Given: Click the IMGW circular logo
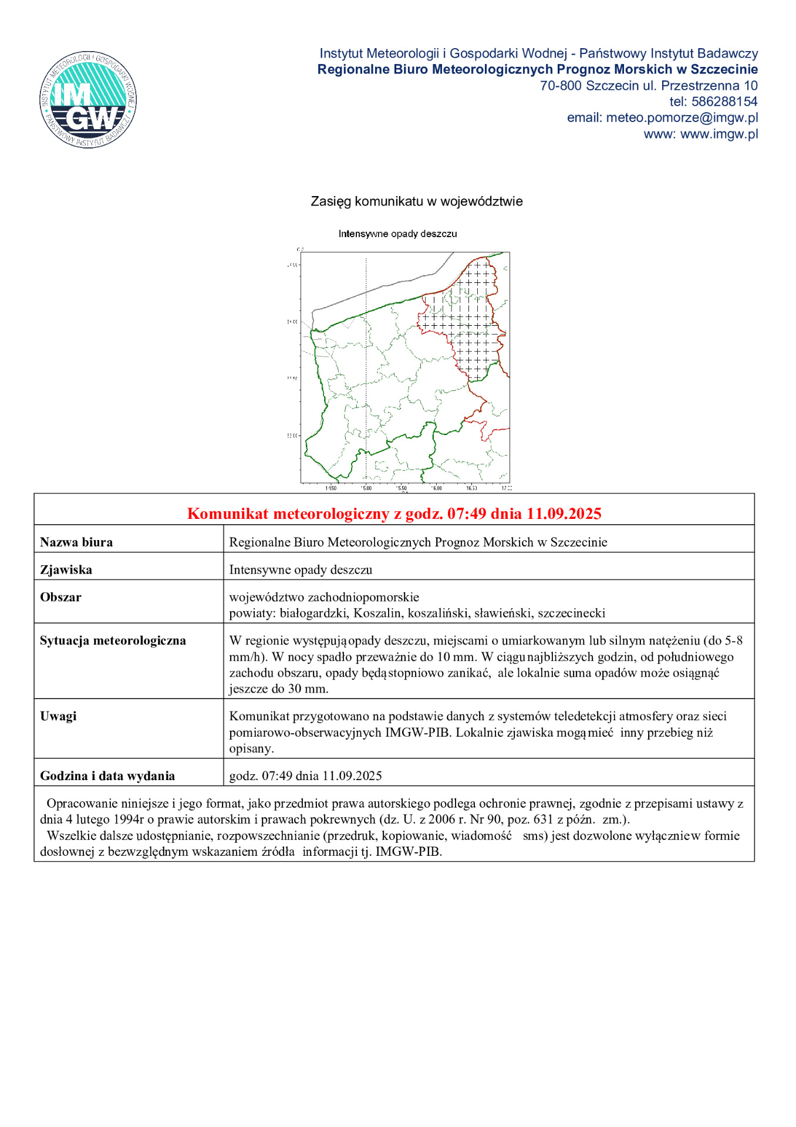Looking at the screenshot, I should click(88, 99).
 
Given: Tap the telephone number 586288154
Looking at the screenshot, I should click(724, 102).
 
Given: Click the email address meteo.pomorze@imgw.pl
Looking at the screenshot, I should click(682, 118).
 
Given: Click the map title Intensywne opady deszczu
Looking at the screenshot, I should click(397, 234).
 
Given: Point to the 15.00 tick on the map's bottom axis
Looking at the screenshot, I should click(366, 488).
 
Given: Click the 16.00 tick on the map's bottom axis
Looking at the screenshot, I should click(436, 488).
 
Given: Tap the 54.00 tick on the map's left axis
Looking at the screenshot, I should click(292, 322).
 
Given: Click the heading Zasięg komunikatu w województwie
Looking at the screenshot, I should click(416, 201).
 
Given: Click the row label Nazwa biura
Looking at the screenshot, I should click(76, 542).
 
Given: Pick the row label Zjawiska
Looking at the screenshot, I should click(66, 570).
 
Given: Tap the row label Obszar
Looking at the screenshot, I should click(60, 598).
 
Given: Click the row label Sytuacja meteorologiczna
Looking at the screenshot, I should click(113, 641).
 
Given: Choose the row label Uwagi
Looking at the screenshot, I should click(58, 717).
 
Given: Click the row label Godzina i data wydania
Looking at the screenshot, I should click(107, 776).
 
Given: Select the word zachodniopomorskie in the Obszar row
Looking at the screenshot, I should click(363, 598).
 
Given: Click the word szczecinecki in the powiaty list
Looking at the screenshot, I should click(571, 613).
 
